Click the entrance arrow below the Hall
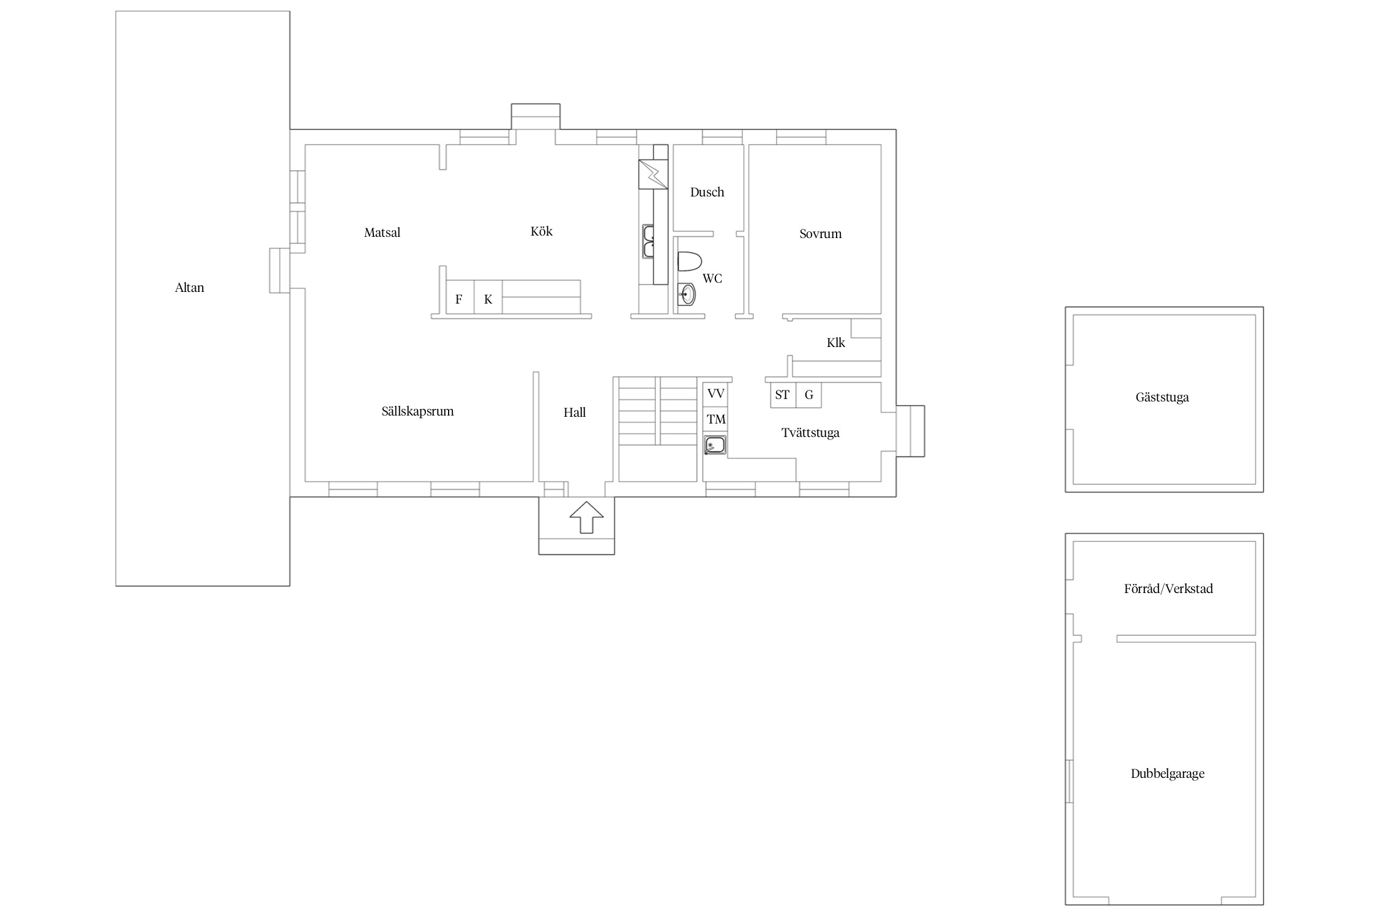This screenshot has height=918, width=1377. pos(586,517)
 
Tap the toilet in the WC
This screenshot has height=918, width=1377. pos(689,261)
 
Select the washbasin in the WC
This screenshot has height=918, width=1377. pos(687,294)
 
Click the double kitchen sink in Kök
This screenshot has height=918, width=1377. pos(648,241)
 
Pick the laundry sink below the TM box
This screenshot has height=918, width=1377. pos(715,445)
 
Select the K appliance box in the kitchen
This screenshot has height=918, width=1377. pos(488,299)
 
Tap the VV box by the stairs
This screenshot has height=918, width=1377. pos(715,394)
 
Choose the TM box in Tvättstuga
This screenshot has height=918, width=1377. pos(715,420)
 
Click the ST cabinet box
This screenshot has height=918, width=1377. pos(783,395)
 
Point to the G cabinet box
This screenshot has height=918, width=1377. pos(808,395)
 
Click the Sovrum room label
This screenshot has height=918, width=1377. pos(820,234)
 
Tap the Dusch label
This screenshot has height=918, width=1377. pos(707,192)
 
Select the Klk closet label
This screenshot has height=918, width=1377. pos(835,343)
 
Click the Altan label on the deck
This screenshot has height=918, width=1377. pos(189,288)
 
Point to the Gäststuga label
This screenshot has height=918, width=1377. pos(1162,397)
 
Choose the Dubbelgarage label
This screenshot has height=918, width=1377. pos(1167,774)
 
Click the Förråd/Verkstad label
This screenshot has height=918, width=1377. pos(1168,589)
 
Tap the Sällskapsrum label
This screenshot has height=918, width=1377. pos(417,411)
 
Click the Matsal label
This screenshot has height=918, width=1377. pos(382,233)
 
